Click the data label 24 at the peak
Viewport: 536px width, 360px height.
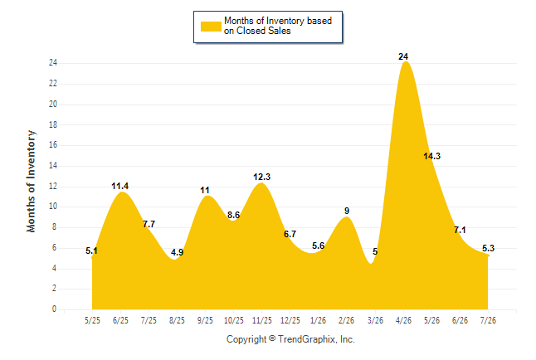pos(403,56)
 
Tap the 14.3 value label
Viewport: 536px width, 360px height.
pos(431,156)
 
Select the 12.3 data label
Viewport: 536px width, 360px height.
pos(261,177)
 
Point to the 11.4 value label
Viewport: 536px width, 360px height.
pos(120,186)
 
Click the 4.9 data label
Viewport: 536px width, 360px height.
pos(177,252)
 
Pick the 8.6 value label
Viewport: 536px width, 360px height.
pos(233,215)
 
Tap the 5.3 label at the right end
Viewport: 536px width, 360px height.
pos(488,248)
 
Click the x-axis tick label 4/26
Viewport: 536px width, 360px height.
pos(403,320)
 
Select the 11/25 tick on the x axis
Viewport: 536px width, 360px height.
pos(262,320)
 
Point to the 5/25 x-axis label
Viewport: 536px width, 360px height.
pos(92,320)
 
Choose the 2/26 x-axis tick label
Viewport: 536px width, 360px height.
pos(346,320)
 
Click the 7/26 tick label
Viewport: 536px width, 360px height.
pos(488,320)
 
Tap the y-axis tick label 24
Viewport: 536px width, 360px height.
pos(53,63)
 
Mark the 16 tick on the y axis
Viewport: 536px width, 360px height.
pos(53,145)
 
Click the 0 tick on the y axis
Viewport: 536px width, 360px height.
pos(55,309)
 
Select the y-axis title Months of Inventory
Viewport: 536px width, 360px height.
pos(31,181)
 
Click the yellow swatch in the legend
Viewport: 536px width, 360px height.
pos(211,27)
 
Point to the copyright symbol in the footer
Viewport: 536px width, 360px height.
pos(272,338)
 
